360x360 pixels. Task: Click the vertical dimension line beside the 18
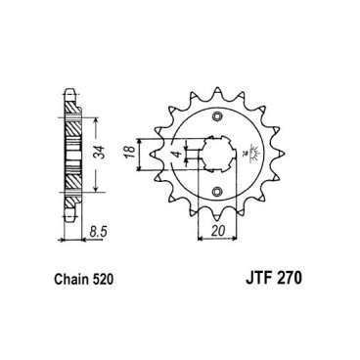click(144, 153)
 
